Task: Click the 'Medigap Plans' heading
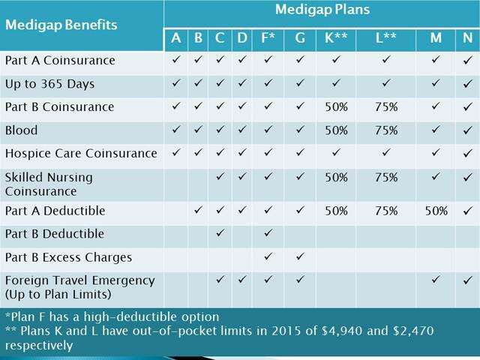click(322, 10)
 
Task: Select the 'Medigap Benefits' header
click(61, 25)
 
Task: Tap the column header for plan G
click(300, 38)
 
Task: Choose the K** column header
click(336, 38)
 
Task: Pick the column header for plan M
click(436, 38)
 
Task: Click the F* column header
click(268, 38)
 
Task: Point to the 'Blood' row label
click(22, 130)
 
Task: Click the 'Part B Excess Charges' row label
click(68, 258)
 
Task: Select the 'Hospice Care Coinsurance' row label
click(81, 153)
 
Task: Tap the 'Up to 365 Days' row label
click(50, 84)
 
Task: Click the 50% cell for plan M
click(436, 211)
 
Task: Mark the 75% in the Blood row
click(386, 130)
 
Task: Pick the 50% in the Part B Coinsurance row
click(336, 107)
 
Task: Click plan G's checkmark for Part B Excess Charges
click(300, 256)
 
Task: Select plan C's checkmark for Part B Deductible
click(220, 232)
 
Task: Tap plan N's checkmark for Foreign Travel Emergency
click(467, 280)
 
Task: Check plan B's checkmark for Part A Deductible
click(198, 209)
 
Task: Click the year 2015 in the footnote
click(286, 331)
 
